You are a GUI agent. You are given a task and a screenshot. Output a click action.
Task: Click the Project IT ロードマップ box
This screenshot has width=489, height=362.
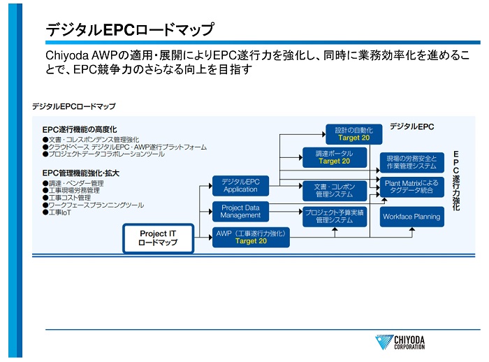[x=158, y=238]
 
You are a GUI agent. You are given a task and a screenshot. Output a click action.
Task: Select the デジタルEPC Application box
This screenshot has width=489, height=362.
[x=240, y=185]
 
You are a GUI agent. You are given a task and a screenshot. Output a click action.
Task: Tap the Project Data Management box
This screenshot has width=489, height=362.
[x=240, y=212]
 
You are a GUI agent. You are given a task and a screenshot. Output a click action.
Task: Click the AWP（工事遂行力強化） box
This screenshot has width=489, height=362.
[x=251, y=238]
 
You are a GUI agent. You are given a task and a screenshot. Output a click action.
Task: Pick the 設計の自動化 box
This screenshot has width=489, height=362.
[x=353, y=133]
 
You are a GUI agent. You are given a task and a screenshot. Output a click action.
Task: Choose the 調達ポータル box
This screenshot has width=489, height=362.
[x=334, y=157]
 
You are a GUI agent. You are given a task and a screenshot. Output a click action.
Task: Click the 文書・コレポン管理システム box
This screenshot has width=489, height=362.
[x=334, y=190]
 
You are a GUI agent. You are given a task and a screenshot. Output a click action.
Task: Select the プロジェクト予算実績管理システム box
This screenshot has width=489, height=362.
[x=334, y=216]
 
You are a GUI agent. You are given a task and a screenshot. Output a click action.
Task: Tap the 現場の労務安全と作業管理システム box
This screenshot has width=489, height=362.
[x=411, y=162]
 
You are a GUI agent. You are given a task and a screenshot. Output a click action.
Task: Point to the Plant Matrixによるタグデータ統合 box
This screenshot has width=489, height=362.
[x=411, y=187]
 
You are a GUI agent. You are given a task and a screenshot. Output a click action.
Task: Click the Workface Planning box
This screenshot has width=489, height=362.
[x=411, y=217]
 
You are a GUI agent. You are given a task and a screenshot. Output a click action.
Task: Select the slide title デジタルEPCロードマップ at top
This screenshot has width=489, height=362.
[x=130, y=29]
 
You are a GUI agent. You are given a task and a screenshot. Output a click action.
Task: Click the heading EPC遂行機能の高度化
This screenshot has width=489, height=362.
[x=80, y=129]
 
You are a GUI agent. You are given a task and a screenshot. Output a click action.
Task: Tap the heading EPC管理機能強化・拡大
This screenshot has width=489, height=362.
[x=80, y=173]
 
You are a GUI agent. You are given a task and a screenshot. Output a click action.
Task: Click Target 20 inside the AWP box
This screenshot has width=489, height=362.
[x=251, y=242]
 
